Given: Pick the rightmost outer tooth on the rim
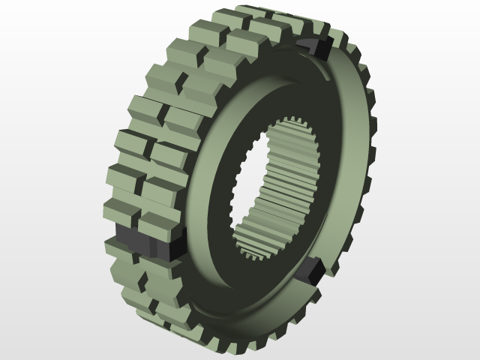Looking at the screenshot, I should pos(371,150).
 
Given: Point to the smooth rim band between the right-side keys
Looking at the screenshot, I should pos(352,157).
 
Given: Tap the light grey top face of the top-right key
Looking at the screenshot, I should pos(313,42).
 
